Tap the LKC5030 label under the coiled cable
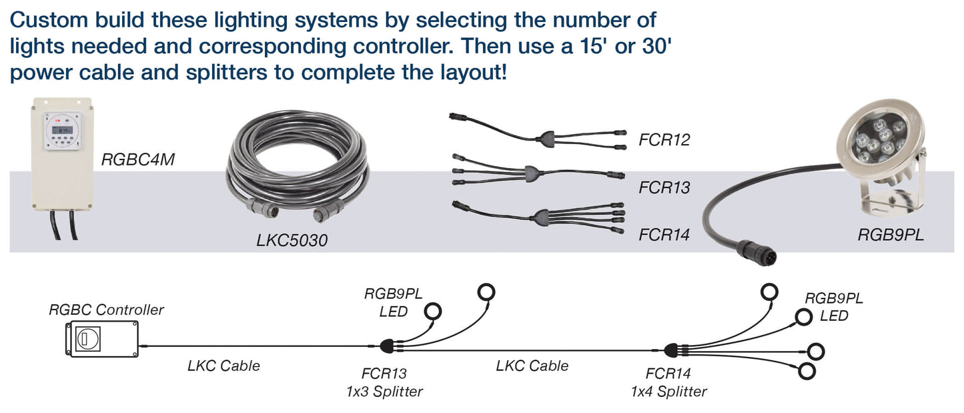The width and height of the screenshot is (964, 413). click(x=292, y=240)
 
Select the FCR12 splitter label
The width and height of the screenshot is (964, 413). click(x=663, y=140)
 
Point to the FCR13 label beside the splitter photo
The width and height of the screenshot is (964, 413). click(x=663, y=187)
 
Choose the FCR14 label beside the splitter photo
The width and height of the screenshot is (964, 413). click(x=663, y=235)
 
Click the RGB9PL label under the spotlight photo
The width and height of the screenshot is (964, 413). click(x=891, y=235)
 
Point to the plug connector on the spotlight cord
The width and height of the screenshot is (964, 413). click(x=745, y=254)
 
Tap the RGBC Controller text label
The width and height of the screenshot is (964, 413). click(x=106, y=310)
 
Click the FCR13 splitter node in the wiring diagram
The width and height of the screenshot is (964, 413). click(x=387, y=346)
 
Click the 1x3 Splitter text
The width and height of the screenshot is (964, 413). click(x=384, y=391)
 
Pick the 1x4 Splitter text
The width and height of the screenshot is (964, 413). click(x=668, y=391)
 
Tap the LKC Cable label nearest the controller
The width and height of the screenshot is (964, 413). click(x=223, y=366)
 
